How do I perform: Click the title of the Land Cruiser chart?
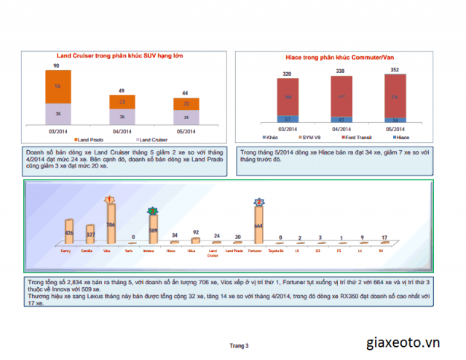click(120, 56)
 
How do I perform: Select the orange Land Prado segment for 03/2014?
click(58, 86)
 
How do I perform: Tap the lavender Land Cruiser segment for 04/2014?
click(122, 117)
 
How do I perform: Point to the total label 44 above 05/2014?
click(186, 93)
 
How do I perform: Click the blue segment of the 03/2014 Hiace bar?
click(287, 119)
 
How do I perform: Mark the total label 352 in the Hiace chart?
click(395, 71)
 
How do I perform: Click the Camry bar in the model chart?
click(69, 232)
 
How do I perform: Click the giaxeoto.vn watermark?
click(413, 342)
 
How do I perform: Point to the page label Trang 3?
click(239, 345)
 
